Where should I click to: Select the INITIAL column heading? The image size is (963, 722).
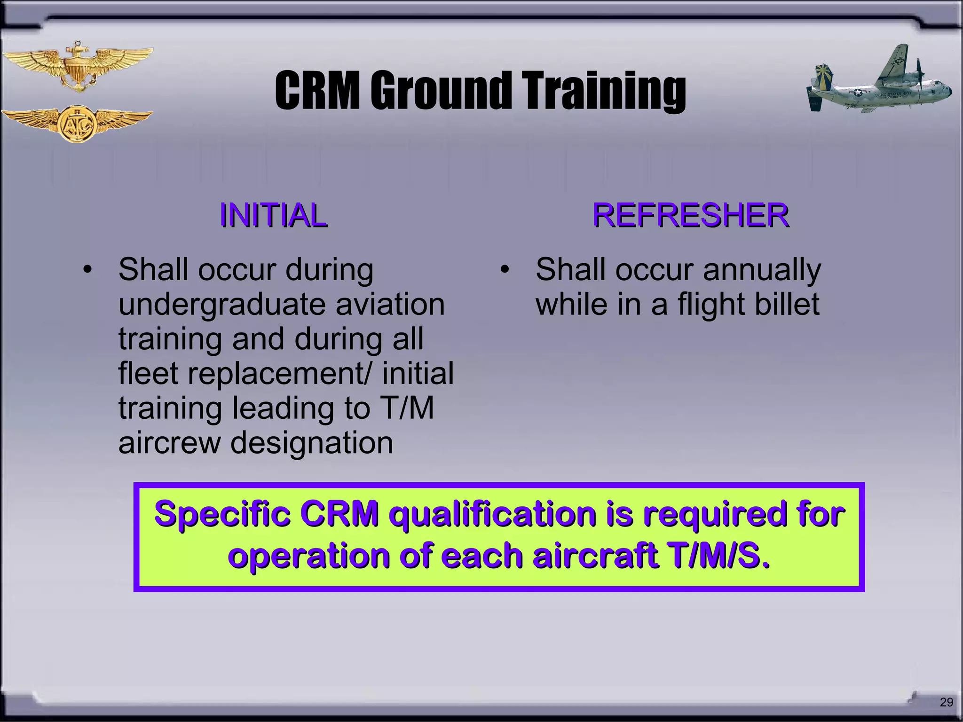click(x=273, y=216)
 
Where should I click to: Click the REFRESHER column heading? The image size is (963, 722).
click(x=690, y=216)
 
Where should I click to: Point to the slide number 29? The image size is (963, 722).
click(x=946, y=702)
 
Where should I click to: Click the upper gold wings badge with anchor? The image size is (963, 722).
click(x=77, y=67)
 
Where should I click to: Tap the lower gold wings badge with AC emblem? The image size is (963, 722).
click(x=77, y=124)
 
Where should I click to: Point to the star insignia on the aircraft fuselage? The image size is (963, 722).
click(x=857, y=93)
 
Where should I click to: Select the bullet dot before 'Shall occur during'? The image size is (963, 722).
click(x=87, y=271)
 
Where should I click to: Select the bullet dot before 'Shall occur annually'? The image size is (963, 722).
click(x=505, y=271)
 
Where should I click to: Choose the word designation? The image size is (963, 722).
click(x=312, y=443)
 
